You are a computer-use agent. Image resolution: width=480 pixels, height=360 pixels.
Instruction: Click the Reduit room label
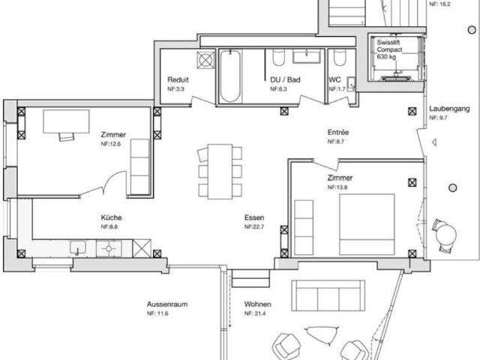[178, 79]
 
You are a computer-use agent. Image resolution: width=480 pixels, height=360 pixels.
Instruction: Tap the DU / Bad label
[285, 79]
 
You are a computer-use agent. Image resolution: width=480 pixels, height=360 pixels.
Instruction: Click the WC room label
[334, 79]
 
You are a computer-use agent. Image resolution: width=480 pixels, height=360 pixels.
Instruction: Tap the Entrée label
[338, 133]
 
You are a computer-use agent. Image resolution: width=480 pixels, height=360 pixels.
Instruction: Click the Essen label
[253, 219]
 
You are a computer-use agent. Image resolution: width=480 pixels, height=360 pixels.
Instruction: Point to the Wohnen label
[257, 304]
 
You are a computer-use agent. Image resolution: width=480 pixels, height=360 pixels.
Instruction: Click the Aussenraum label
[166, 304]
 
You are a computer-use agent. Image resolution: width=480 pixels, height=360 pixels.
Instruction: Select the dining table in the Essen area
[220, 171]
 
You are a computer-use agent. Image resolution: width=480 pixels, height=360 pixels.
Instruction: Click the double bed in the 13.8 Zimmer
[367, 223]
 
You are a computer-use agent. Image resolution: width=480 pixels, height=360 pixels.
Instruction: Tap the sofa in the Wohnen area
[328, 298]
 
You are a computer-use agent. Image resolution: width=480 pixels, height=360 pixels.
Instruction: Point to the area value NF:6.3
[279, 89]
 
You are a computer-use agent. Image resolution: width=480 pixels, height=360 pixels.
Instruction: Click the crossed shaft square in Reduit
[205, 59]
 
